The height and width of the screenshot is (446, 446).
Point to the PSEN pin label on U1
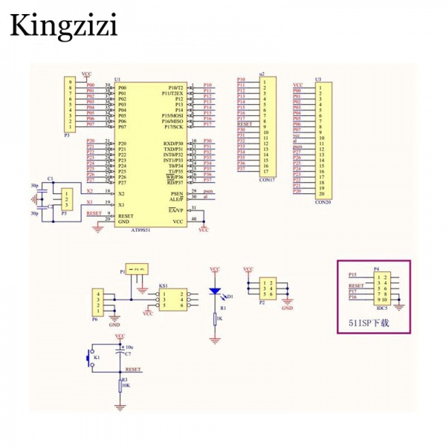pos(177,193)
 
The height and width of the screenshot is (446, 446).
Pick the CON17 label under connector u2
pos(266,178)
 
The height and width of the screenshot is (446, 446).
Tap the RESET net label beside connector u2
pos(245,124)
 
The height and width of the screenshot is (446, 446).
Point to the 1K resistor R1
pos(215,319)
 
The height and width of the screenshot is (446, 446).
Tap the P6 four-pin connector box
pos(97,305)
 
